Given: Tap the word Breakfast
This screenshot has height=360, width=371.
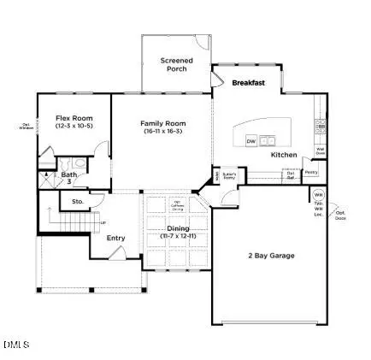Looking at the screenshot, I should click(x=248, y=83).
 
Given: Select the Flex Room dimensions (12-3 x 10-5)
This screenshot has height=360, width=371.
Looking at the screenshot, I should click(x=74, y=127).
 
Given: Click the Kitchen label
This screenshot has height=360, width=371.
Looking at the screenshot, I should click(x=283, y=155).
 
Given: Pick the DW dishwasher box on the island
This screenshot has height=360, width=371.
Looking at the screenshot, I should click(x=251, y=140).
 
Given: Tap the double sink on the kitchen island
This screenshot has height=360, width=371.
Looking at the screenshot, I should click(x=270, y=140).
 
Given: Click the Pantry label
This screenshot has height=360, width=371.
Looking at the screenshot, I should click(x=310, y=172).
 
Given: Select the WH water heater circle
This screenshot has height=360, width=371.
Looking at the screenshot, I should click(x=318, y=195).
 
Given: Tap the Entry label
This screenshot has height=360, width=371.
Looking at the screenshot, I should click(x=115, y=238).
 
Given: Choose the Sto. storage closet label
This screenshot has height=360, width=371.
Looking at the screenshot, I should click(x=76, y=203).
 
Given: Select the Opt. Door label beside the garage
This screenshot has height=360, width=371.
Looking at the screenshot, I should click(x=340, y=215).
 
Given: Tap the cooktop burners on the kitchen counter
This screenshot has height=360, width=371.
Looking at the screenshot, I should click(x=318, y=129).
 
